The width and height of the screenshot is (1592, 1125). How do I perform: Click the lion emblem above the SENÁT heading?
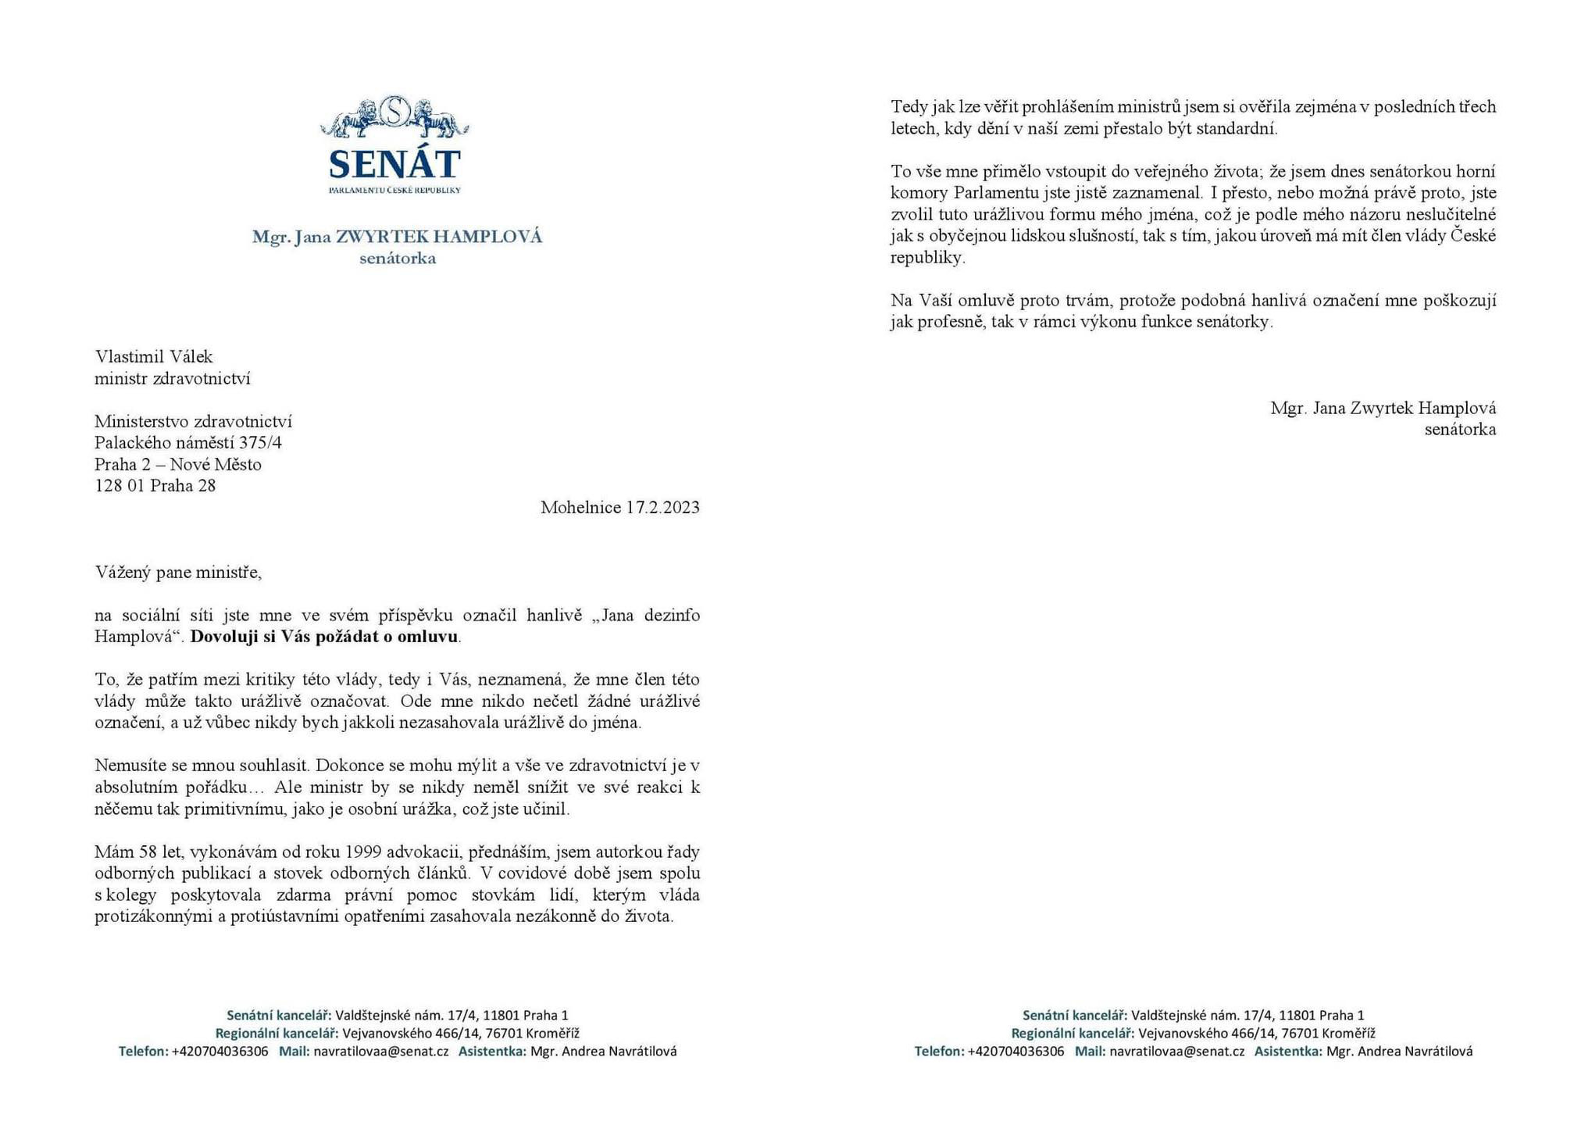tap(394, 117)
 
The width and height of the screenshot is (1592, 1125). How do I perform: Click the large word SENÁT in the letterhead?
tap(394, 164)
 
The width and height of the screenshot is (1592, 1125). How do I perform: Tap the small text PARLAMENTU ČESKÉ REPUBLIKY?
tap(394, 190)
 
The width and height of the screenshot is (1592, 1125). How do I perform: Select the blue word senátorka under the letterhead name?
tap(398, 259)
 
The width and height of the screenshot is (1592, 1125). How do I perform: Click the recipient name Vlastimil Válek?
tap(154, 357)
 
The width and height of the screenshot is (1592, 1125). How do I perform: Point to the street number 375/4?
tap(261, 443)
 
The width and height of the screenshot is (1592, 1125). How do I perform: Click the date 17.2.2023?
tap(662, 508)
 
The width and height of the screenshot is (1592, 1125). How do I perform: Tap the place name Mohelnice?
tap(580, 508)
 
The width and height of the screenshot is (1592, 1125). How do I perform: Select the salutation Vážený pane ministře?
tap(178, 573)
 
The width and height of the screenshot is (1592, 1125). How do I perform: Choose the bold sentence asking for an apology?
tap(324, 637)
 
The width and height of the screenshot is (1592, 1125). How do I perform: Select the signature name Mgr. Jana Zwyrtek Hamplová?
tap(1383, 408)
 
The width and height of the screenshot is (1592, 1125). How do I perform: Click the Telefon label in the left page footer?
tap(143, 1052)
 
